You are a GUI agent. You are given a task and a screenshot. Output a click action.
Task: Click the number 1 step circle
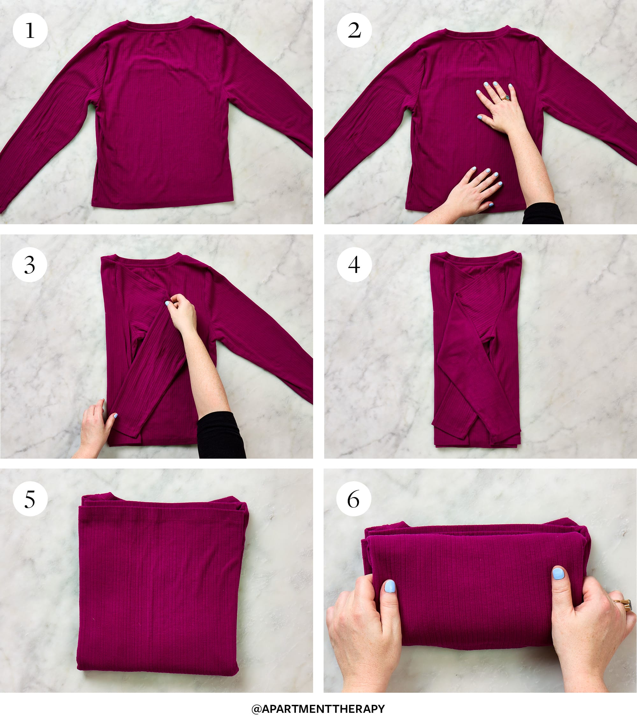(30, 30)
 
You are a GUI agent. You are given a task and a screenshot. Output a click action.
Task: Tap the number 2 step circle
(354, 30)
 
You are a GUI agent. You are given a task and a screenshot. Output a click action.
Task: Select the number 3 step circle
(30, 265)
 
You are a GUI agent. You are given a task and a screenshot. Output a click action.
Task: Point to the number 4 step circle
(354, 265)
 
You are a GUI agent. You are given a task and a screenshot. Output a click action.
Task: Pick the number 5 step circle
(30, 499)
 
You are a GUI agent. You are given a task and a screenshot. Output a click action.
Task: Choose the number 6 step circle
(354, 499)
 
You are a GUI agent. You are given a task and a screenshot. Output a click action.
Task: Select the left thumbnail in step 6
(390, 586)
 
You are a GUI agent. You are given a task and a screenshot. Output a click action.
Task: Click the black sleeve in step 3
(221, 435)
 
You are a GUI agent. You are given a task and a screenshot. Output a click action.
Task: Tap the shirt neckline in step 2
(477, 34)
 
